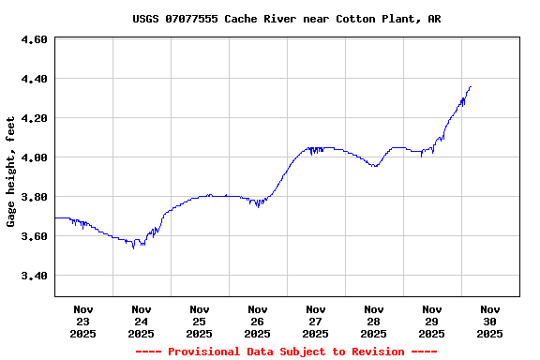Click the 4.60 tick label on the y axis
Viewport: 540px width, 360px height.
point(34,39)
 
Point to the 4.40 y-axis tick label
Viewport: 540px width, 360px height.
point(34,79)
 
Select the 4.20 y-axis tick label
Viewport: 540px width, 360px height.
point(34,118)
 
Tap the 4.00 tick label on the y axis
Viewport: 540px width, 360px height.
point(34,157)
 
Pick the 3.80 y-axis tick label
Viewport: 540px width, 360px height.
point(34,197)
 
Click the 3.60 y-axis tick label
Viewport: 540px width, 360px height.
point(34,236)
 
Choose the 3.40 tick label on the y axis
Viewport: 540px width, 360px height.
point(34,276)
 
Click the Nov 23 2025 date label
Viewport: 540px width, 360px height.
point(83,321)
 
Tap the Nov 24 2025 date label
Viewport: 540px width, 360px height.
point(142,321)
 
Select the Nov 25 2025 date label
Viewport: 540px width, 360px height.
point(200,321)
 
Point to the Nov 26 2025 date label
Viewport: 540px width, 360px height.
point(258,321)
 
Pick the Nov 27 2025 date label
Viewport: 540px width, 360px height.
point(316,321)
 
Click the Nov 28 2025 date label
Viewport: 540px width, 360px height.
point(374,321)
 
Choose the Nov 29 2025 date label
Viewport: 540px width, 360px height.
point(432,321)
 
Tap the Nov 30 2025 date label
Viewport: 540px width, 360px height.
point(490,321)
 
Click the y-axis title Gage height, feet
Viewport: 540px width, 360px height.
point(11,172)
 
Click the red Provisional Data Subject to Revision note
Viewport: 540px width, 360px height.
point(286,352)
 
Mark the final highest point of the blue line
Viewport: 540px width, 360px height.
point(471,86)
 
